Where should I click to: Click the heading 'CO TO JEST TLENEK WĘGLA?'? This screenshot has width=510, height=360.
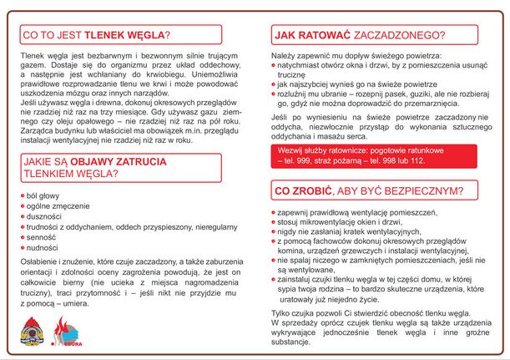[95, 35]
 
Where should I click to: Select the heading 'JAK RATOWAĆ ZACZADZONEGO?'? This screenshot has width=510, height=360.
[359, 35]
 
